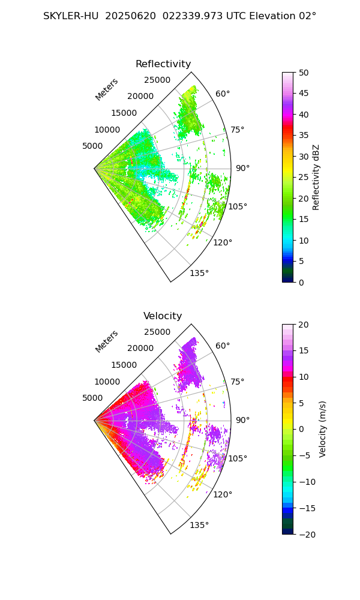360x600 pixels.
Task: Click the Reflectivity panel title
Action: (163, 64)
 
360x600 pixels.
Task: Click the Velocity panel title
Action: (163, 316)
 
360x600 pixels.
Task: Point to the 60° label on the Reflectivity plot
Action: (223, 94)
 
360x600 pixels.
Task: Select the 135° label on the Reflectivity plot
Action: (199, 273)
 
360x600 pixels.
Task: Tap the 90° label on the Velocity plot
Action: (242, 420)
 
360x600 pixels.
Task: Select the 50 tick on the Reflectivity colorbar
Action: (304, 73)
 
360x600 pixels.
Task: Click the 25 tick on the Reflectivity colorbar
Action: (304, 178)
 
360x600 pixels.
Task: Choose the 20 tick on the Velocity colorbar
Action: (304, 325)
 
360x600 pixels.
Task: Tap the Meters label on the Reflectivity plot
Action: (107, 89)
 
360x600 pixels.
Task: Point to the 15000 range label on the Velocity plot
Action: (124, 365)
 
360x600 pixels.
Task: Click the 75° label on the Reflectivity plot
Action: (237, 130)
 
